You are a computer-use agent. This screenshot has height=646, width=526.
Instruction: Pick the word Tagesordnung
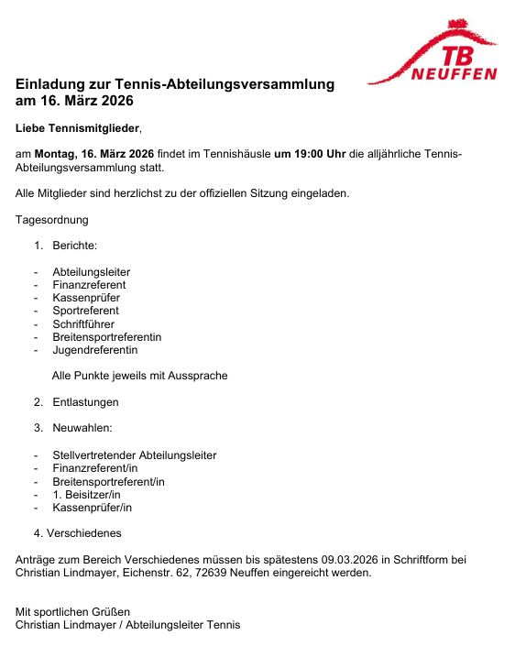click(x=52, y=220)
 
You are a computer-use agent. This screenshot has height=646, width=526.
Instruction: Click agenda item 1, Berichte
click(x=74, y=246)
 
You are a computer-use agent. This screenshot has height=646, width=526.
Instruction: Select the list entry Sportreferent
click(x=85, y=311)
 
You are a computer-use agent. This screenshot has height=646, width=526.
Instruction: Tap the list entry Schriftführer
click(x=85, y=323)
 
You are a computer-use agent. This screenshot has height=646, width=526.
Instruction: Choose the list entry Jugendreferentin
click(x=95, y=350)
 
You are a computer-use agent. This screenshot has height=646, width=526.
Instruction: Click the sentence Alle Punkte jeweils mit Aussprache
click(x=139, y=376)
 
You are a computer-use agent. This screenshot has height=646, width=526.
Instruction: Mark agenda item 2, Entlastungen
click(x=85, y=402)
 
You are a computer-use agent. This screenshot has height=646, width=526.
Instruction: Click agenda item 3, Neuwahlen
click(x=82, y=428)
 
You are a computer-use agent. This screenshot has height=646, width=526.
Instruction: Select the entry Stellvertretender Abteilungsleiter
click(x=134, y=455)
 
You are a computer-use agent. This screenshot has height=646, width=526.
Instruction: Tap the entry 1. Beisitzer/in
click(x=86, y=494)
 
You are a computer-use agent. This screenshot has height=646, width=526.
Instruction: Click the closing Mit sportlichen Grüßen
click(x=73, y=611)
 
